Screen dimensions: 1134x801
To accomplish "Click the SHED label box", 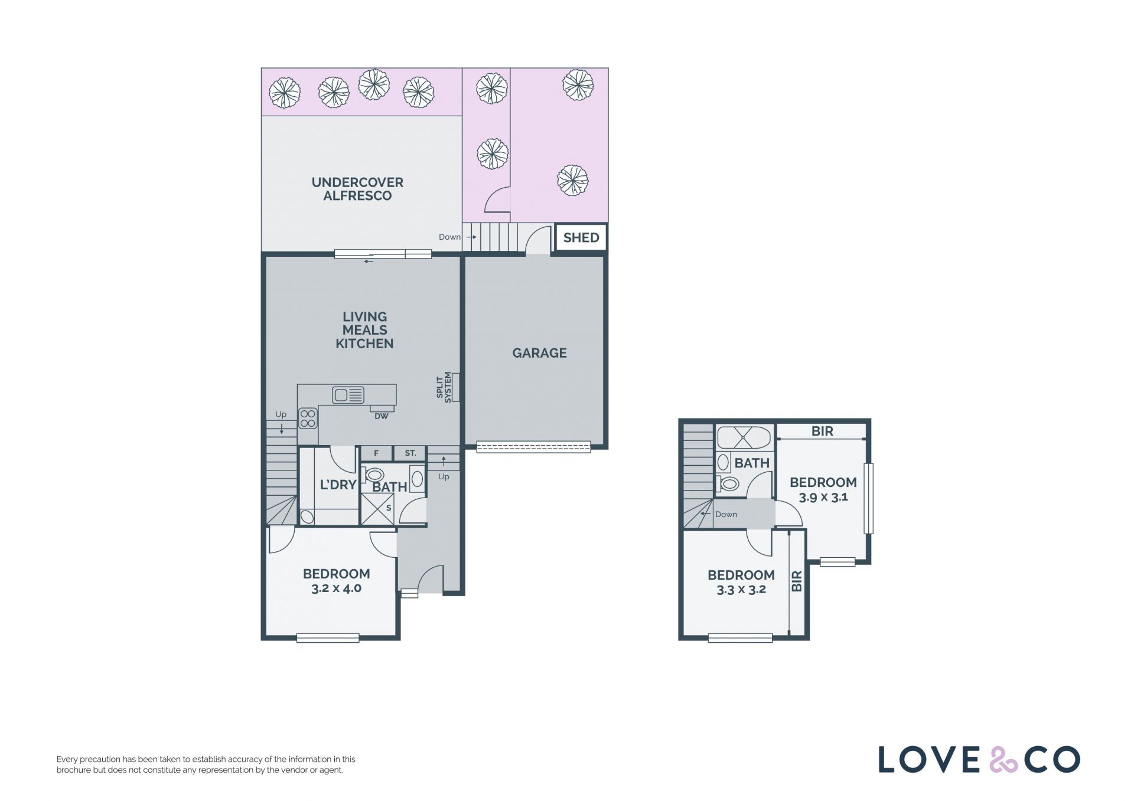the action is pos(581,237).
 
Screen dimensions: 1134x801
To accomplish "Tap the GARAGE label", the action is pos(539,353).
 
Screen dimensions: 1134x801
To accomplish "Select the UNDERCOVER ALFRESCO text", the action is pos(357,189).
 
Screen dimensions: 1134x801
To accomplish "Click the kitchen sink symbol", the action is pos(348,394).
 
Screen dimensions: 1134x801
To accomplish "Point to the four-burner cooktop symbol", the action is pos(308,419).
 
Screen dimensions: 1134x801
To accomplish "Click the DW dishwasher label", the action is pos(382,416).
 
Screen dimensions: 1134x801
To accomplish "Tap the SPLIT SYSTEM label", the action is pos(444,387).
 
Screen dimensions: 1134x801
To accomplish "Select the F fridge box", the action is pos(376,453).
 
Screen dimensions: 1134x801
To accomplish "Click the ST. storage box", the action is pos(410,453).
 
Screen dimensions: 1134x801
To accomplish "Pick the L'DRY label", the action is pos(338,485).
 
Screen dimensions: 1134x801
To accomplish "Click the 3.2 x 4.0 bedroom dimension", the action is pos(336,589).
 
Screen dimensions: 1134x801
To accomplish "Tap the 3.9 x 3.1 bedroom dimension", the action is pos(823,497).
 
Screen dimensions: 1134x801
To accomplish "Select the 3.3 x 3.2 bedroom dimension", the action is pos(741,590).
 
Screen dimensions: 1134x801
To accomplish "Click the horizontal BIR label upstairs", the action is pos(822,431).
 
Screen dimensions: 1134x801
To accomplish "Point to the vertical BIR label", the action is pos(797,581).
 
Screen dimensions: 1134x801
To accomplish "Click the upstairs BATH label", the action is pos(752,463).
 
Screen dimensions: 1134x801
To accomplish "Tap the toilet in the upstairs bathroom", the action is pos(728,484).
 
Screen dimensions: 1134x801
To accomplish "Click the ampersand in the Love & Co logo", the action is pos(1003,760).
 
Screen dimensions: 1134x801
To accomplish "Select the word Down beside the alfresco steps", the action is pos(449,237).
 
